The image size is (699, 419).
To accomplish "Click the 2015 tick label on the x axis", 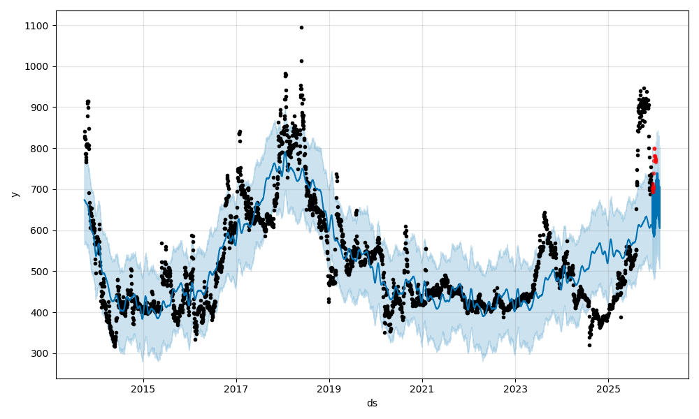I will click(x=143, y=388).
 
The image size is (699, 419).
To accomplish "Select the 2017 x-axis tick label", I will click(x=236, y=388).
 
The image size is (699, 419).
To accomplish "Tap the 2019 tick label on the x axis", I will click(x=329, y=388).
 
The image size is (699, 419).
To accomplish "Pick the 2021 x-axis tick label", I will click(x=422, y=388).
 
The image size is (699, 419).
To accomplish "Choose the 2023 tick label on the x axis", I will click(x=515, y=388).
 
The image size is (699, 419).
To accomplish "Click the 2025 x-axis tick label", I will click(x=608, y=388).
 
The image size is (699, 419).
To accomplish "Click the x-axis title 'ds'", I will click(x=372, y=403).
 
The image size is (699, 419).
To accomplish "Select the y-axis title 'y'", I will click(x=14, y=194).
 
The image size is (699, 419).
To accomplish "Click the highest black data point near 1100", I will click(x=301, y=27).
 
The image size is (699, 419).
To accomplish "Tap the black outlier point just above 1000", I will click(x=301, y=61).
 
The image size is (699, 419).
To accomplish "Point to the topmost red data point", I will click(x=654, y=148).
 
